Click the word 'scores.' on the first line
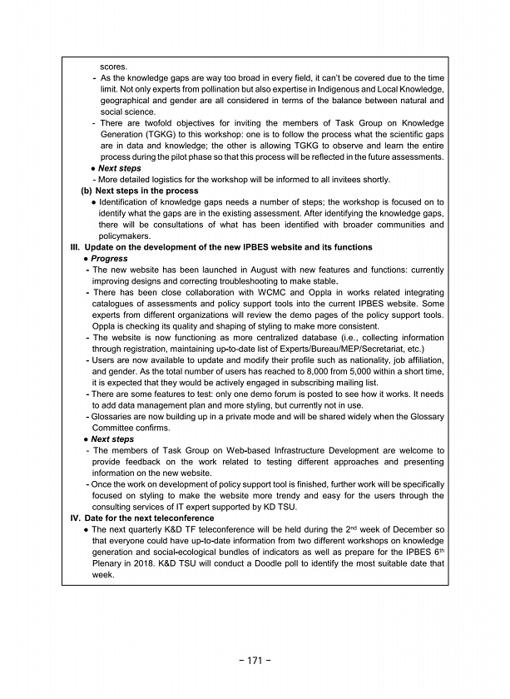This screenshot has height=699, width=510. point(114,65)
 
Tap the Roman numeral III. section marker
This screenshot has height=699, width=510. point(76,247)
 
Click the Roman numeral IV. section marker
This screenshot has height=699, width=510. point(76,518)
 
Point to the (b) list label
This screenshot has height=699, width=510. point(87,191)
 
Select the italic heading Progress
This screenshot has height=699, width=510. point(109,259)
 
